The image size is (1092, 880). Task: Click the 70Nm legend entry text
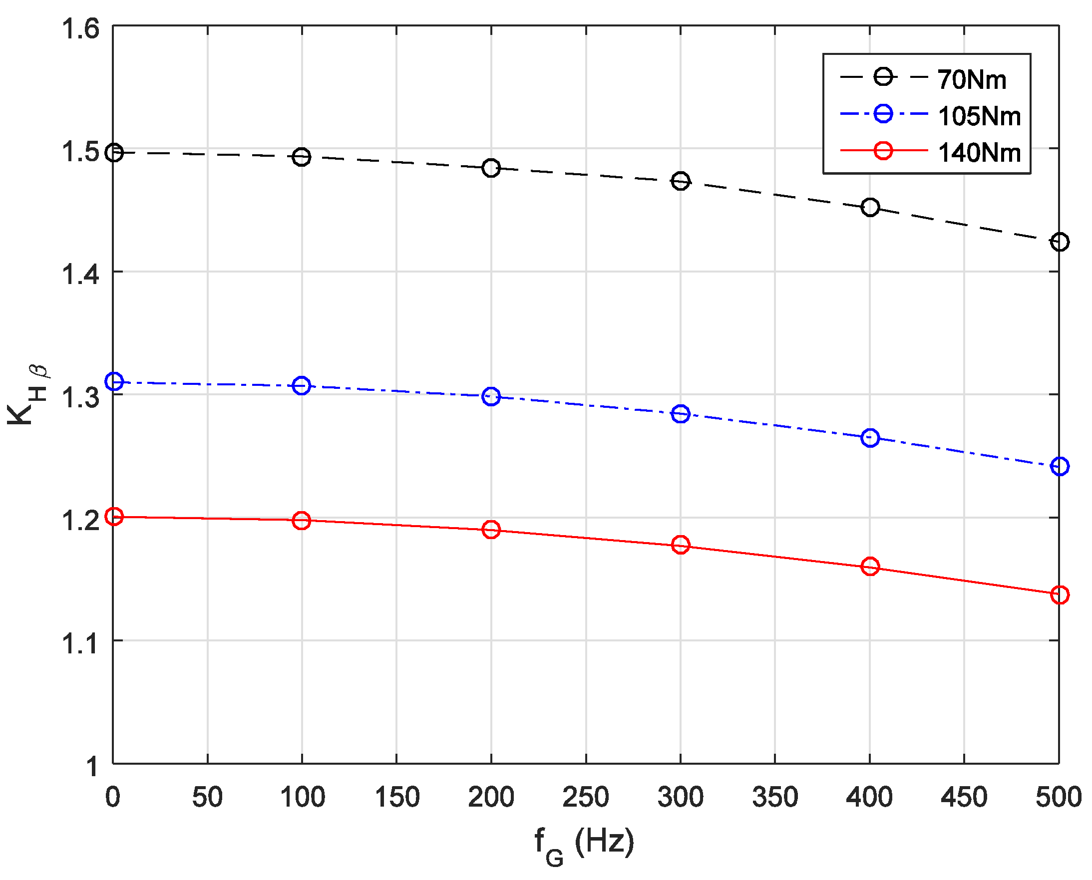pyautogui.click(x=971, y=80)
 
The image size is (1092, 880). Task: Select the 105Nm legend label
pyautogui.click(x=979, y=117)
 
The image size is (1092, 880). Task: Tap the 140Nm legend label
pyautogui.click(x=979, y=153)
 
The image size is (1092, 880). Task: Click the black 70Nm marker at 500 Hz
pyautogui.click(x=1059, y=242)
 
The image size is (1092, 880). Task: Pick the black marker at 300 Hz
pyautogui.click(x=680, y=181)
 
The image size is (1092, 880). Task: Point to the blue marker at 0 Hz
pyautogui.click(x=114, y=381)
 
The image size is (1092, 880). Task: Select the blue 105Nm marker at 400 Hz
pyautogui.click(x=869, y=437)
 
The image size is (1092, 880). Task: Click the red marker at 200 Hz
pyautogui.click(x=491, y=530)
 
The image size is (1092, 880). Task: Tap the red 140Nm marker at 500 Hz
pyautogui.click(x=1059, y=594)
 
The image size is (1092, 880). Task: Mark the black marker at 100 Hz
pyautogui.click(x=301, y=157)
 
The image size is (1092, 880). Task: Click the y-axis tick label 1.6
pyautogui.click(x=80, y=28)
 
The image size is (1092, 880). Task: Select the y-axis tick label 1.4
pyautogui.click(x=80, y=275)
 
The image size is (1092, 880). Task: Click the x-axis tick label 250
pyautogui.click(x=586, y=797)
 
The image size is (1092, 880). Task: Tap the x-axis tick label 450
pyautogui.click(x=964, y=797)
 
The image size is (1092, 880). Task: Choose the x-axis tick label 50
pyautogui.click(x=207, y=797)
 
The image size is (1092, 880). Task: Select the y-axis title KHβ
pyautogui.click(x=28, y=395)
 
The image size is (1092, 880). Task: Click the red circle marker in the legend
pyautogui.click(x=883, y=151)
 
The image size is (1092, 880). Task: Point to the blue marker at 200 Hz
pyautogui.click(x=491, y=396)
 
